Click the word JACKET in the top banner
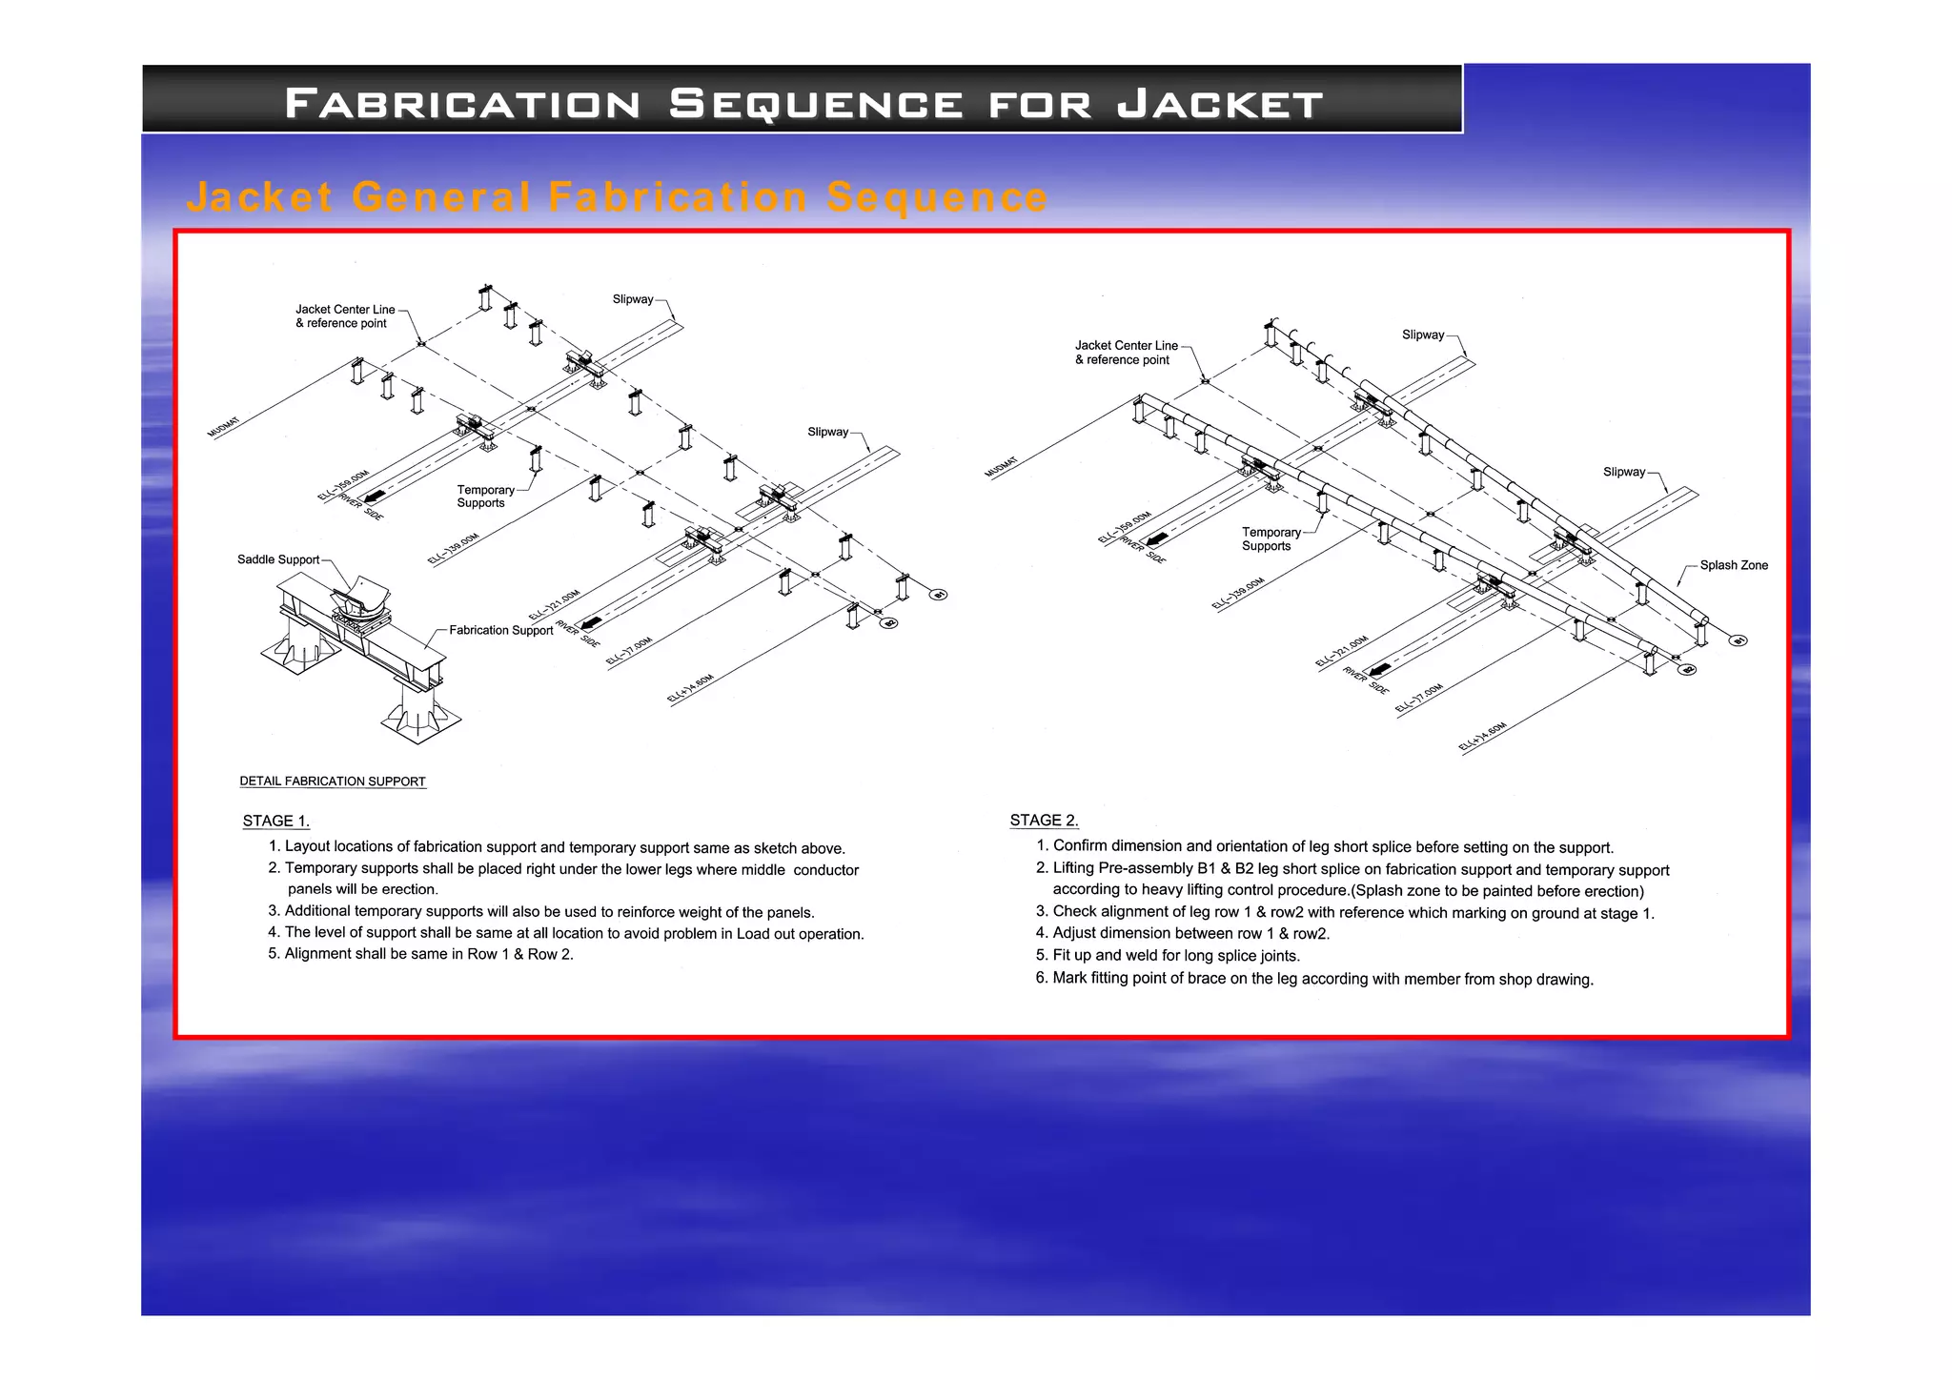point(1220,104)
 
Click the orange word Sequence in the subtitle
point(937,197)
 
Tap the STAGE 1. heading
point(275,821)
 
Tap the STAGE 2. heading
point(1044,820)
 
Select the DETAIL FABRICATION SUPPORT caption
point(332,781)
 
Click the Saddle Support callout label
point(277,559)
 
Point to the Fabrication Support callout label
point(500,630)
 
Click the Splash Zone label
point(1733,565)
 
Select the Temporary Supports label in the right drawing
point(1270,539)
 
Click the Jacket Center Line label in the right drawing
point(1126,346)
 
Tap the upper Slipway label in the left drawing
point(632,299)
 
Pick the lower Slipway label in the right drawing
point(1623,472)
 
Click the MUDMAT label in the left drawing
point(224,427)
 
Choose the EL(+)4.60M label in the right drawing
point(1482,738)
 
